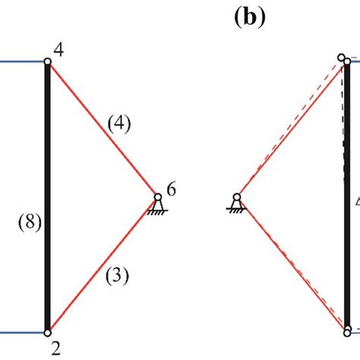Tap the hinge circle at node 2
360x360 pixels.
coord(48,332)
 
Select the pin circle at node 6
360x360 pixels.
coord(158,197)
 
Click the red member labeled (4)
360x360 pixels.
coord(103,130)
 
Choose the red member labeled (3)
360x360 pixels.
coord(103,264)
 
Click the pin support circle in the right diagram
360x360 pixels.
coord(237,198)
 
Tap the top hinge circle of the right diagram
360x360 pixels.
coord(343,58)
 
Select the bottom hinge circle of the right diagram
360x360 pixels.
coord(347,331)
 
